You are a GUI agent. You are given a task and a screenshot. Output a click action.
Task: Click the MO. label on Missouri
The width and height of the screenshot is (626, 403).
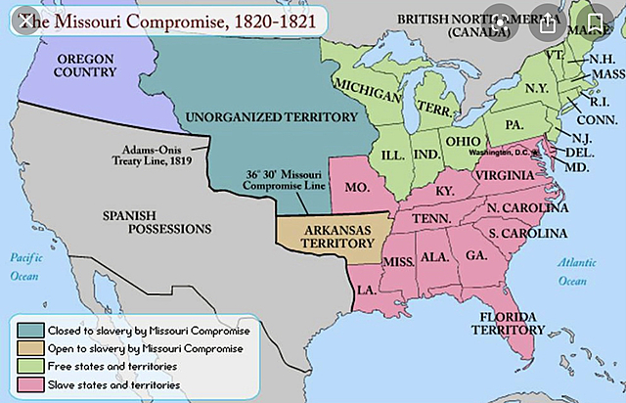click(358, 185)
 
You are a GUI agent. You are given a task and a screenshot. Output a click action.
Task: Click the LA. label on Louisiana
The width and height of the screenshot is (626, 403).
click(368, 291)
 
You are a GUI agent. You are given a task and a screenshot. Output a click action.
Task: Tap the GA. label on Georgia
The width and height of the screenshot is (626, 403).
click(477, 255)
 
